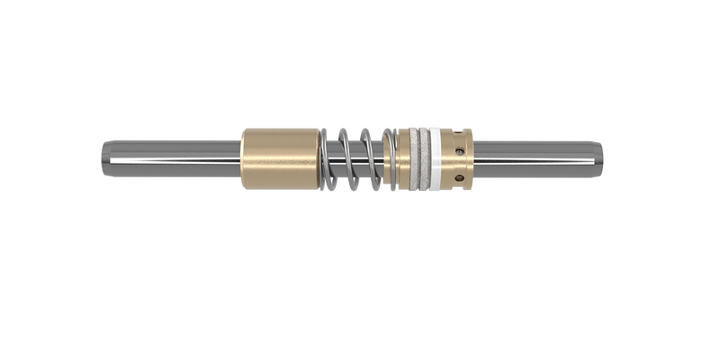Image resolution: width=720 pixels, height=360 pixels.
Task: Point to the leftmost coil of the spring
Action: pyautogui.click(x=328, y=160)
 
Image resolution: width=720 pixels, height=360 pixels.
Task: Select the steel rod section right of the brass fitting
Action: pyautogui.click(x=535, y=158)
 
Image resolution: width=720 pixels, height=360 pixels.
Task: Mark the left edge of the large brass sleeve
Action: pyautogui.click(x=243, y=158)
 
